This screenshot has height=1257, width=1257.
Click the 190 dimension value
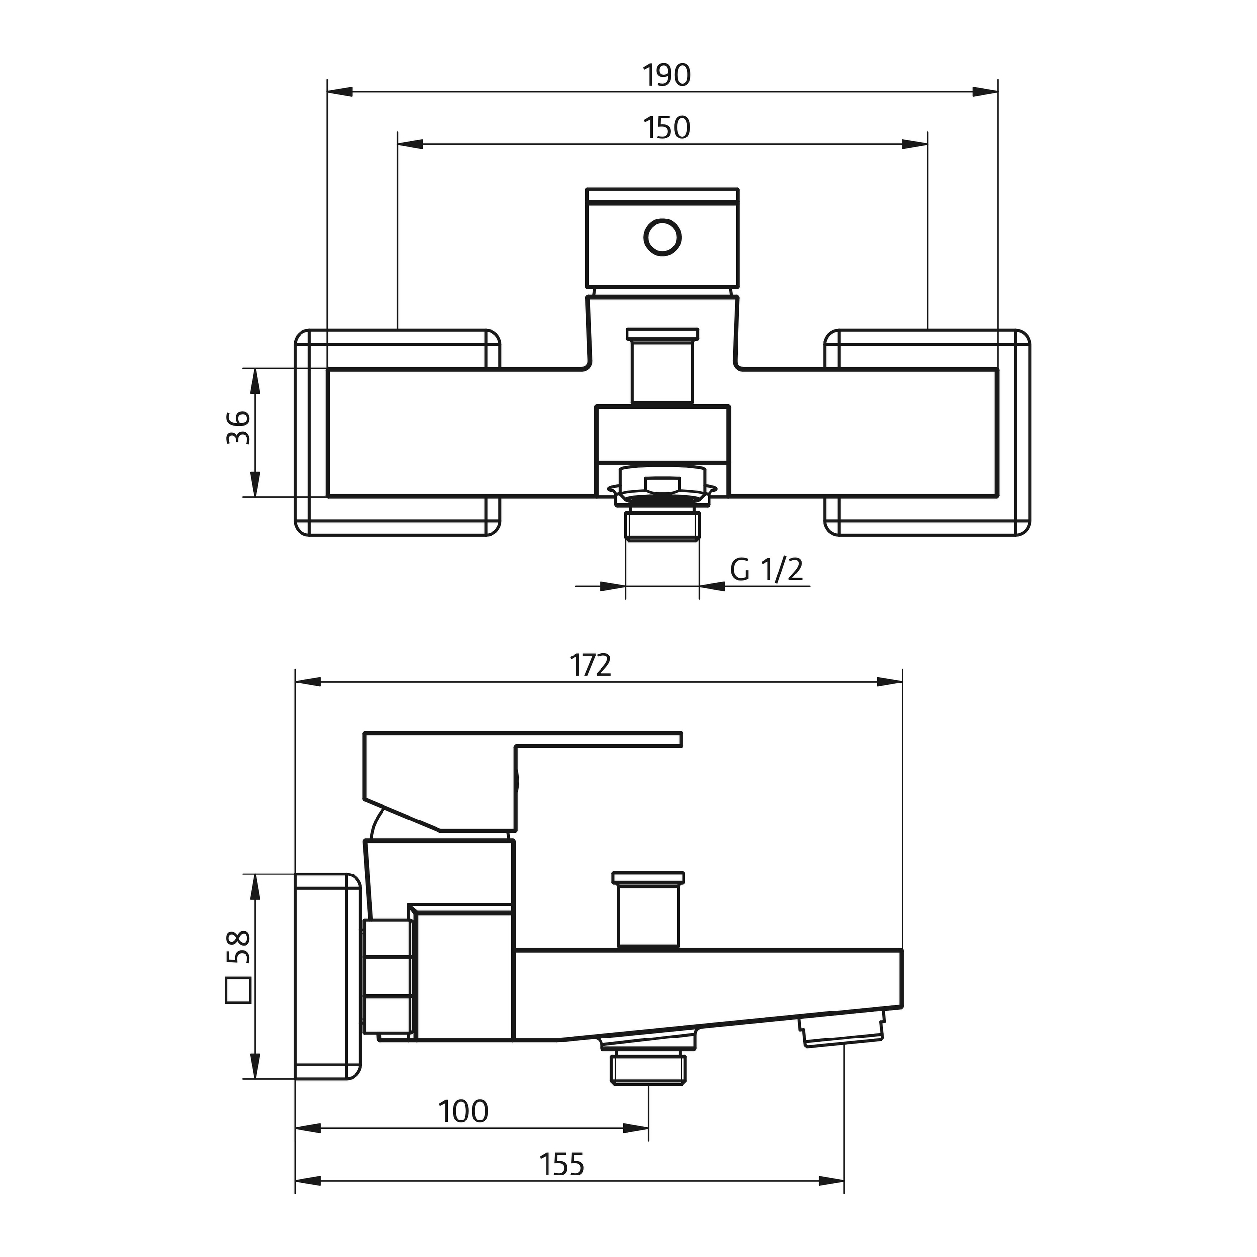point(667,76)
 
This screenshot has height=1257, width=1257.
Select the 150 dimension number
point(667,128)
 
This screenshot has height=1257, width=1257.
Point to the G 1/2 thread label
point(766,570)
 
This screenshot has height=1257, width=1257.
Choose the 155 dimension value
point(562,1165)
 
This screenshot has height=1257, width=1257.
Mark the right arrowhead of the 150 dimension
point(914,144)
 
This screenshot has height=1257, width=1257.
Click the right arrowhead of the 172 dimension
point(890,683)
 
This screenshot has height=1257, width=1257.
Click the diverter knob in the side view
point(649,910)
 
